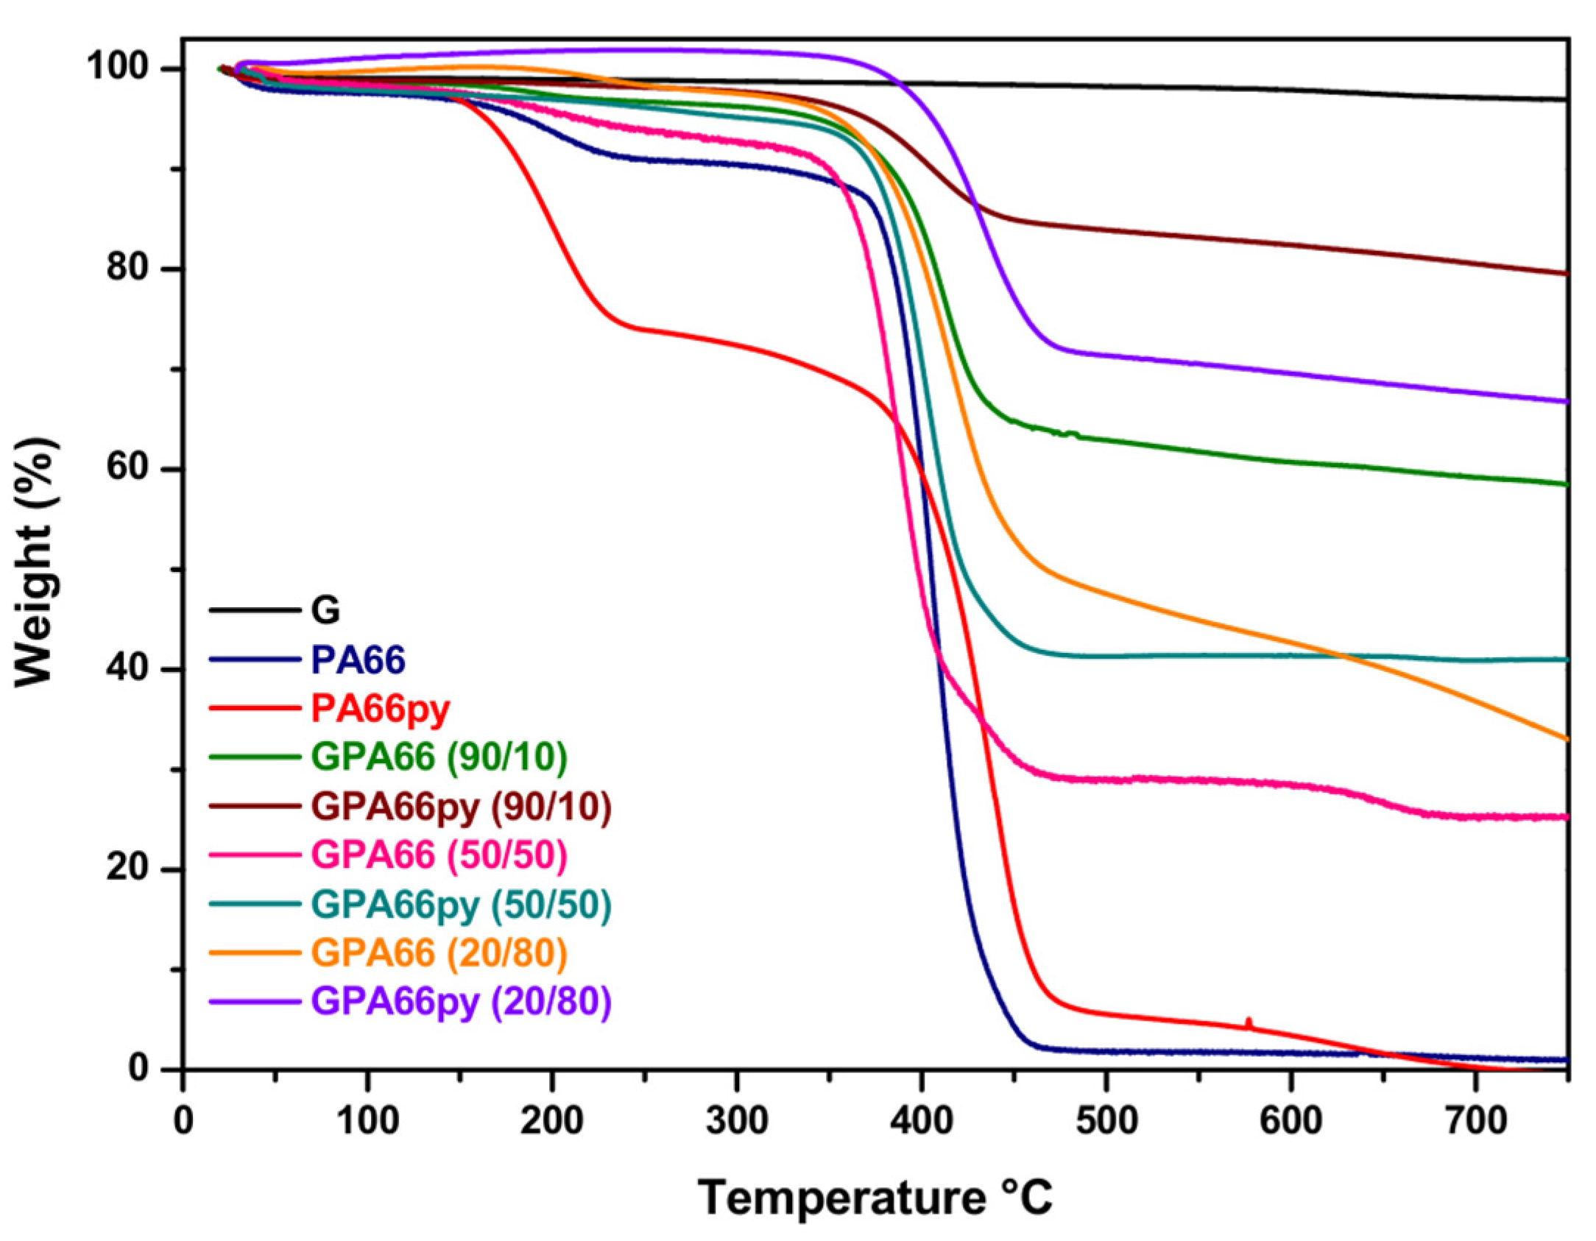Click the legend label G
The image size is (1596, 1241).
(325, 611)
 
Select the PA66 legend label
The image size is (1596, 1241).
(358, 660)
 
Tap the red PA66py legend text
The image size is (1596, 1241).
(380, 709)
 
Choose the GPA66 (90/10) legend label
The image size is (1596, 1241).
(439, 757)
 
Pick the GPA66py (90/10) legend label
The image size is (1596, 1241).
(461, 807)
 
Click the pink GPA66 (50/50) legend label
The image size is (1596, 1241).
(439, 855)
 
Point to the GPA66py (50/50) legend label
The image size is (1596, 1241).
(461, 905)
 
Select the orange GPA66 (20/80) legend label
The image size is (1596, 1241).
(439, 953)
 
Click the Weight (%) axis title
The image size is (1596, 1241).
(35, 562)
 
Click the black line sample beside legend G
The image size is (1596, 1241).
(255, 610)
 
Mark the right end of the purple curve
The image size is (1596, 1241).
(1567, 402)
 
